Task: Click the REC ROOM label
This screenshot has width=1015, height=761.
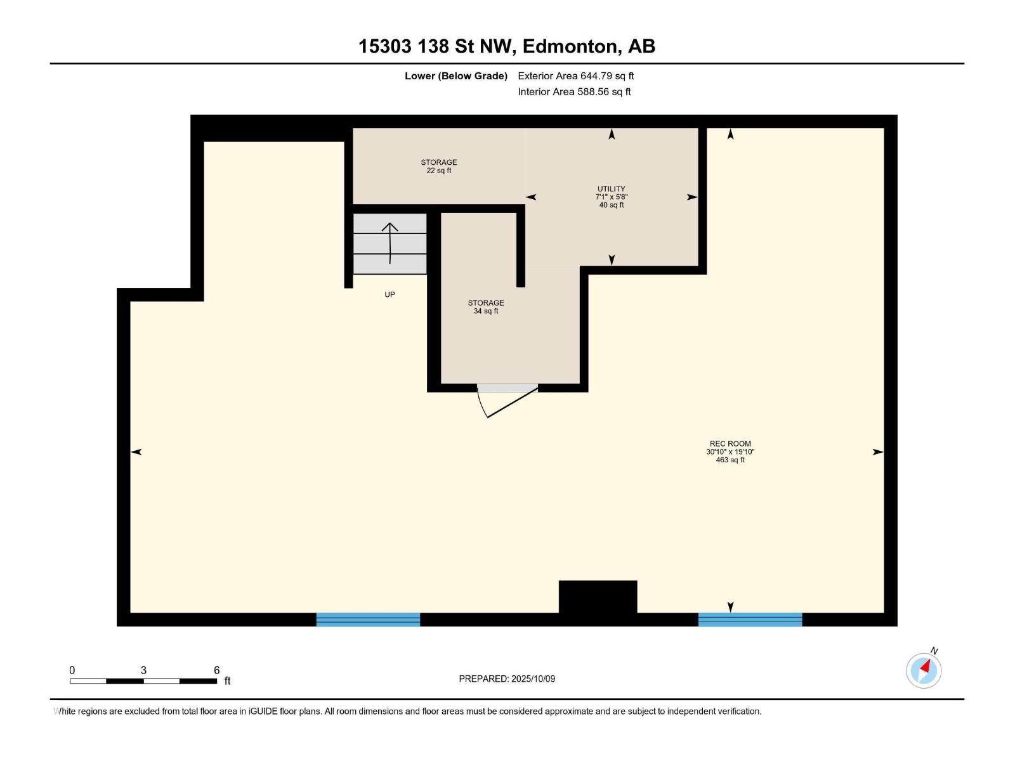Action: point(730,444)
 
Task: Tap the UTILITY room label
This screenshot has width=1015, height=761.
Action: point(611,189)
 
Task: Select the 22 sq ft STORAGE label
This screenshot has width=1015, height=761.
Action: point(439,166)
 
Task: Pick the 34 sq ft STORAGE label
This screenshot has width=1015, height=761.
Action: point(486,307)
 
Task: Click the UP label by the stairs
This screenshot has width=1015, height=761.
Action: point(390,294)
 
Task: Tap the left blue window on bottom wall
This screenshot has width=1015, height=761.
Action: point(368,620)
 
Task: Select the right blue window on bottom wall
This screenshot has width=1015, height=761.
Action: point(750,620)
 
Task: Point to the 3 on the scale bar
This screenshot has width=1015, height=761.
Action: point(143,670)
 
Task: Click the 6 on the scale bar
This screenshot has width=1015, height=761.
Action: point(216,670)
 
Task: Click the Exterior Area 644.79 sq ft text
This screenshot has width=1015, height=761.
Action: point(575,76)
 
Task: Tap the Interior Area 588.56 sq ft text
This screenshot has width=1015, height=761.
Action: point(574,92)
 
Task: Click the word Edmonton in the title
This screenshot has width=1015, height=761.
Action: point(570,46)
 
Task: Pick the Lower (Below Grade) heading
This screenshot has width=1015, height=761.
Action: point(455,76)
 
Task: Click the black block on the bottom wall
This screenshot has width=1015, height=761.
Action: point(598,597)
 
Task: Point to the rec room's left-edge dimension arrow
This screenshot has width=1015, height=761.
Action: point(136,452)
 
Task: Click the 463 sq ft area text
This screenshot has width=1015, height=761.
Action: point(730,460)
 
